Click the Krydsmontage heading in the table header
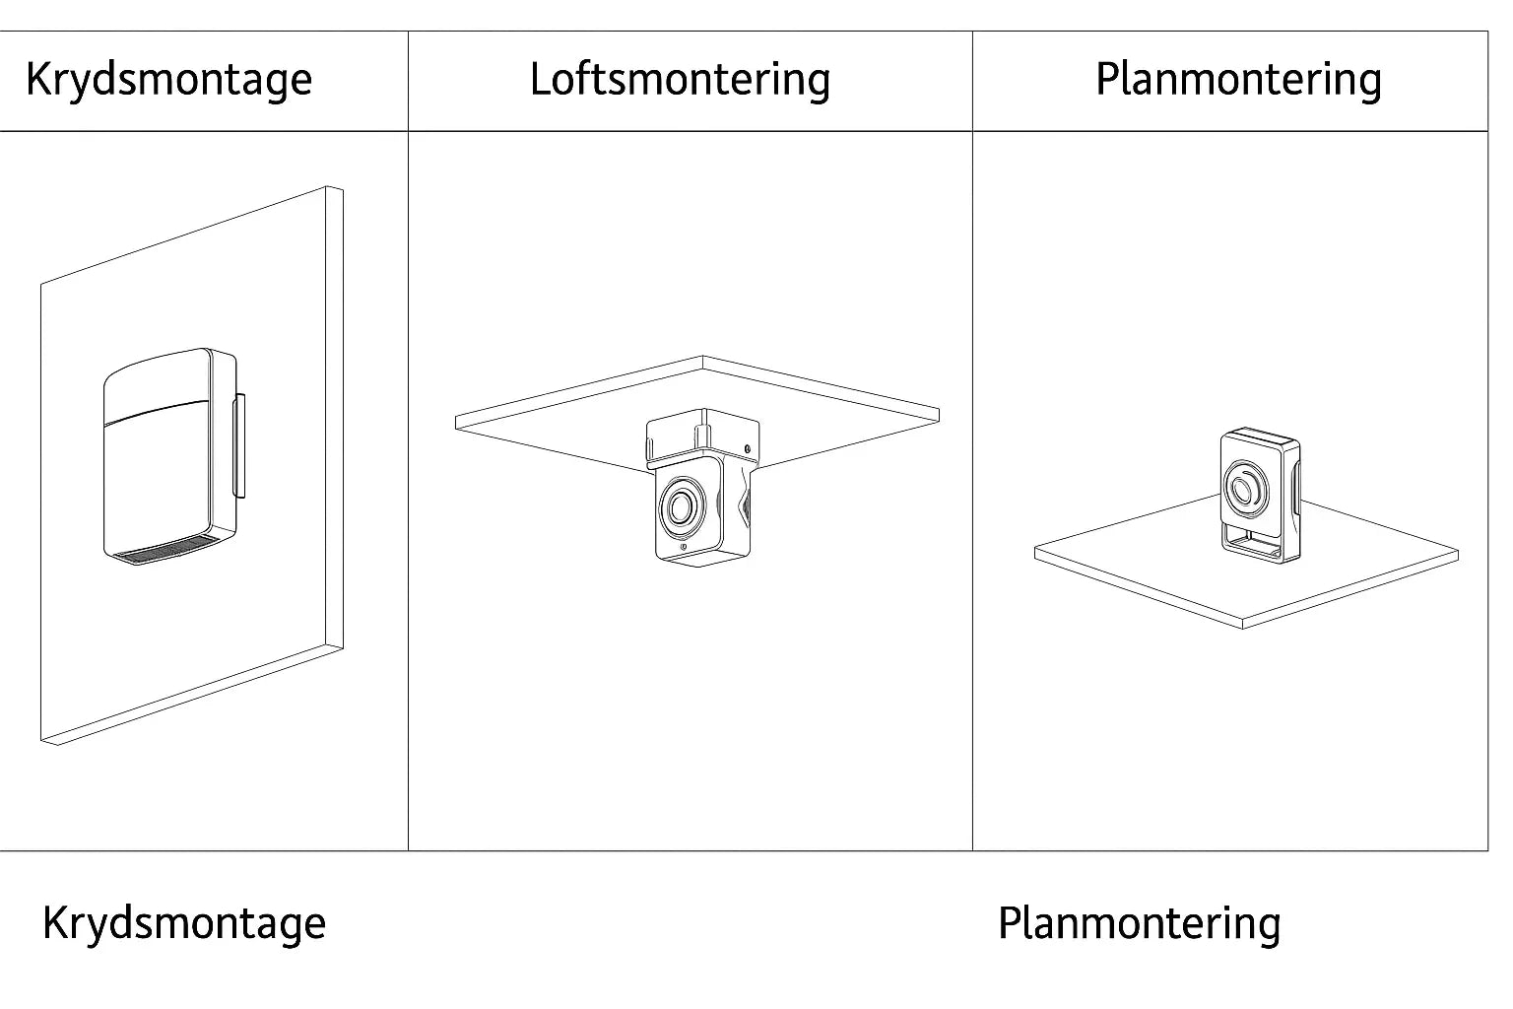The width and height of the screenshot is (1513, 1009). [x=168, y=80]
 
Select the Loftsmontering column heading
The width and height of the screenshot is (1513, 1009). [x=680, y=80]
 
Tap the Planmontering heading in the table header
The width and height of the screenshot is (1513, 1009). [x=1238, y=80]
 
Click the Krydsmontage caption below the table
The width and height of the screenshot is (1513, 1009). [x=183, y=923]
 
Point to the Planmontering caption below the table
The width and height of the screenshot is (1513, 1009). [x=1139, y=924]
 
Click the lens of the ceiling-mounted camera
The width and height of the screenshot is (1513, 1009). [x=680, y=507]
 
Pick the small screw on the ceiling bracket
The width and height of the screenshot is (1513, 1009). [x=748, y=450]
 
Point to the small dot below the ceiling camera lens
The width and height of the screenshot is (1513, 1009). [x=684, y=547]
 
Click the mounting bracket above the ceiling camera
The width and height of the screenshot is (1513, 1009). [x=701, y=436]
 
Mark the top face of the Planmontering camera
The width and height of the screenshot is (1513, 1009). [x=1260, y=435]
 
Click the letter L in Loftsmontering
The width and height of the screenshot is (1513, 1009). [x=540, y=80]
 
